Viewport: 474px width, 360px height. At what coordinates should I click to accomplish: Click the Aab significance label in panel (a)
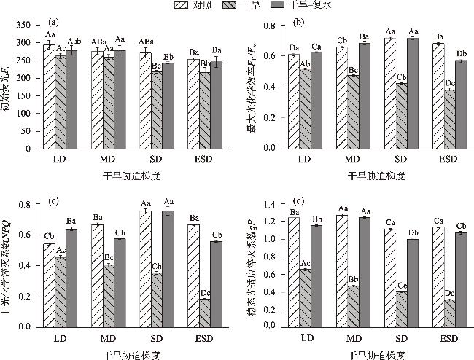click(x=74, y=41)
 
